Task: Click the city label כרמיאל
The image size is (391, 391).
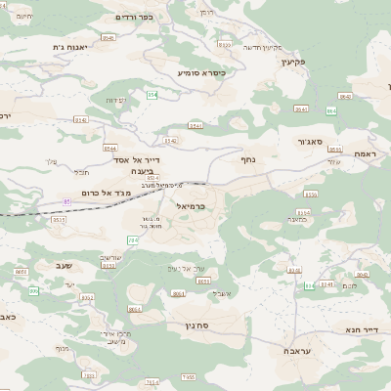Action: tap(195, 206)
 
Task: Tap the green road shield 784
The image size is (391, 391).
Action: tap(132, 239)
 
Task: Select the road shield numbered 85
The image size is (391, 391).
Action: tap(66, 201)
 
